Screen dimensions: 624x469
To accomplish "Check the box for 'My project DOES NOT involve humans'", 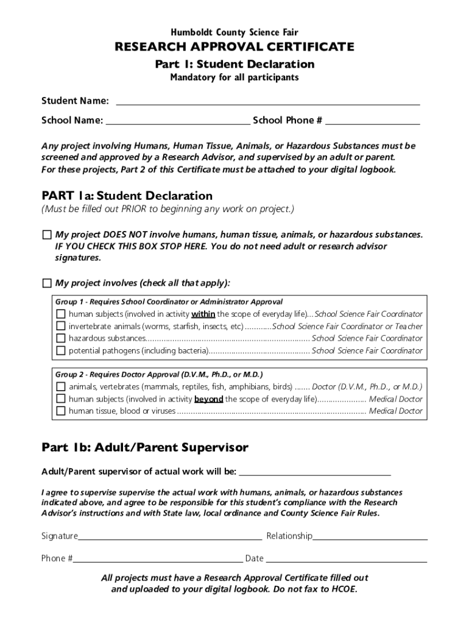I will pos(47,235).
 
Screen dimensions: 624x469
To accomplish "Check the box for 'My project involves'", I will pos(47,283).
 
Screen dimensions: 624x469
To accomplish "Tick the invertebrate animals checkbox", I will pos(60,326).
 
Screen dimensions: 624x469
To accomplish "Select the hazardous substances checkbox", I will pos(60,338).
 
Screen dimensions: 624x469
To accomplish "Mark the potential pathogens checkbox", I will pos(60,350).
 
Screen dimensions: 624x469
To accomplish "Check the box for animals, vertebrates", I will pos(60,387).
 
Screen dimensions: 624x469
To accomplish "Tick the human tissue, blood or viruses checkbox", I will pos(60,411).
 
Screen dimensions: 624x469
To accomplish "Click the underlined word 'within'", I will pos(203,314).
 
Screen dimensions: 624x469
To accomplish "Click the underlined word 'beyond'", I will pos(209,399).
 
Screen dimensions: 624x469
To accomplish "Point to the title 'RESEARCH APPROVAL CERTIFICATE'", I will pos(234,47).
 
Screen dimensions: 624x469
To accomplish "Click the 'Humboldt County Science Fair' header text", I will pos(234,32).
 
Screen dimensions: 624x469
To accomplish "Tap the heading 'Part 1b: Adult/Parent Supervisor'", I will pos(145,448).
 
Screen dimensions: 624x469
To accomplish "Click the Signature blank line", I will pos(170,539).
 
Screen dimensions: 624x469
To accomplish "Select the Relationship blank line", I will pos(370,539).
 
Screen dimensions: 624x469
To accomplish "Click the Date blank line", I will pos(346,561).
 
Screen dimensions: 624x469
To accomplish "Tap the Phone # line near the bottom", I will pos(158,561).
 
